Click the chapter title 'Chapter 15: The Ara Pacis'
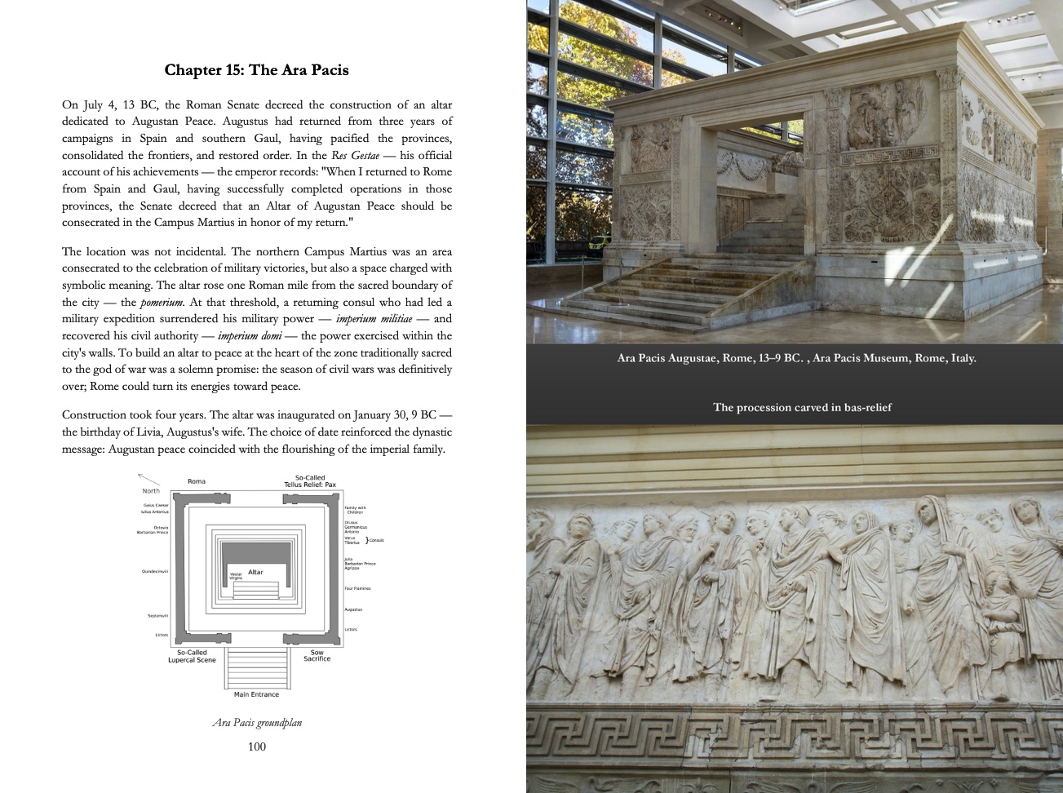click(256, 70)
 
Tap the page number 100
click(256, 746)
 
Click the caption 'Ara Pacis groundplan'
click(256, 722)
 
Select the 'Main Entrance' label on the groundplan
click(256, 694)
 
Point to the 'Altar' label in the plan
click(255, 573)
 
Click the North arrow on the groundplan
click(147, 479)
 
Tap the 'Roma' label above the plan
click(197, 481)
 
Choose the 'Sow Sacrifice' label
click(317, 655)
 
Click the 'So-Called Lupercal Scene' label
click(192, 655)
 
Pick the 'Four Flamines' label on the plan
click(357, 588)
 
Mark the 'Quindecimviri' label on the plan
click(155, 572)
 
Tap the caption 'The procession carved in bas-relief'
click(802, 407)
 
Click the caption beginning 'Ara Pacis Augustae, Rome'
click(796, 357)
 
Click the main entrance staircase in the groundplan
click(256, 667)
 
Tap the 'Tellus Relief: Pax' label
click(310, 485)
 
